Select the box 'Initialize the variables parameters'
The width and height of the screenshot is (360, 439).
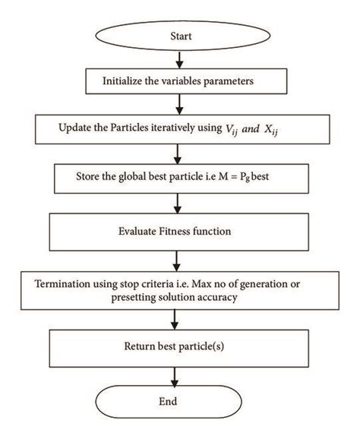click(x=179, y=79)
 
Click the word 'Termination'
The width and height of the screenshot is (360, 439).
click(x=65, y=285)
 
